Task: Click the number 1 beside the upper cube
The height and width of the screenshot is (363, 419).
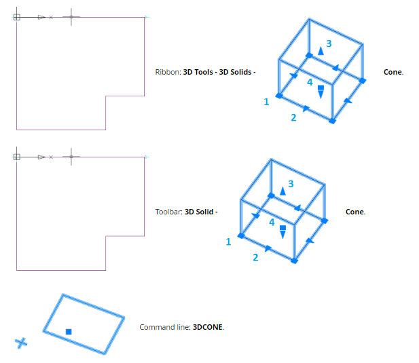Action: tap(266, 102)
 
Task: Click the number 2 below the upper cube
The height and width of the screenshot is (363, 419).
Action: tap(293, 117)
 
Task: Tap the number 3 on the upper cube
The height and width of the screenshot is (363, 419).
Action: tap(329, 43)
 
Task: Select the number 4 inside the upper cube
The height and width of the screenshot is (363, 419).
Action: tap(310, 82)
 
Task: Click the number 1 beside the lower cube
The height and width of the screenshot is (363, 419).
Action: tap(228, 241)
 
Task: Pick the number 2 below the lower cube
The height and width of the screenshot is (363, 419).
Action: tap(255, 257)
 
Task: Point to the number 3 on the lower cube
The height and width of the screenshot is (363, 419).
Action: tap(291, 183)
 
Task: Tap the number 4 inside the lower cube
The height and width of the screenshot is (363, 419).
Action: tap(272, 222)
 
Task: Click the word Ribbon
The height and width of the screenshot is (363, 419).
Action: tap(168, 71)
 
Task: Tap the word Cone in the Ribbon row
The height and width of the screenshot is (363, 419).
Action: tap(393, 71)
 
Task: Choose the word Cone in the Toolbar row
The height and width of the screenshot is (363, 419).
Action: tap(354, 212)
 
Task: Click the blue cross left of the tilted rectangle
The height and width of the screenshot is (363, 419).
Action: tap(22, 343)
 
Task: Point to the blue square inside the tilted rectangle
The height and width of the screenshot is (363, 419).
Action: tap(69, 331)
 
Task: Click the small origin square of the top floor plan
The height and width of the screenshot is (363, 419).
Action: tap(17, 17)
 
